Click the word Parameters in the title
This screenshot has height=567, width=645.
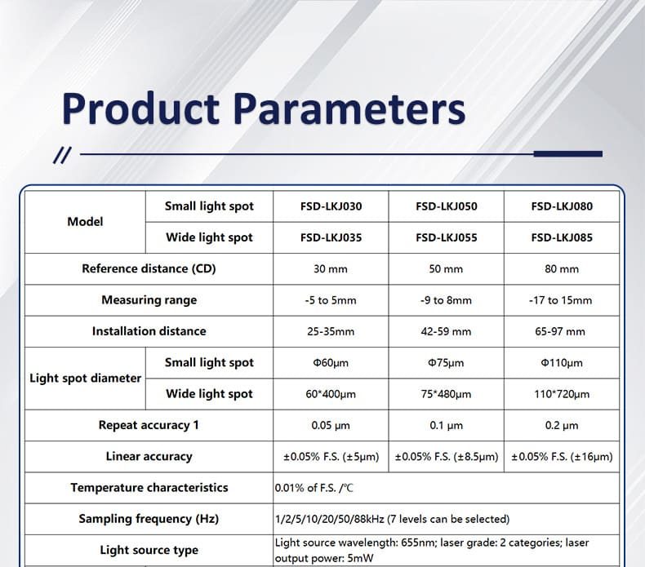click(349, 109)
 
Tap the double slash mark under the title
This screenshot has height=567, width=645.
click(62, 155)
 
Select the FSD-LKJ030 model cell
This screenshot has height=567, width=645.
click(331, 206)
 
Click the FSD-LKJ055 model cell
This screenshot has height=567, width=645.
click(447, 237)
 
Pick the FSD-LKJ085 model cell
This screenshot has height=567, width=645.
click(562, 237)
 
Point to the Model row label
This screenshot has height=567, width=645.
click(85, 222)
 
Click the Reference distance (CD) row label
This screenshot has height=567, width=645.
click(149, 268)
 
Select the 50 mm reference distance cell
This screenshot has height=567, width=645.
click(446, 269)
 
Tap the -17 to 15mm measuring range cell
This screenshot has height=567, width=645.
click(561, 300)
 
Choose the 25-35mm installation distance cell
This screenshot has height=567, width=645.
click(331, 331)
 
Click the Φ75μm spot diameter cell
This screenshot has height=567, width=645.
click(446, 363)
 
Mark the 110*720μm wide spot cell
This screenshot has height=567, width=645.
click(562, 394)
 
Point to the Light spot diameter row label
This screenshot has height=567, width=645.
click(85, 379)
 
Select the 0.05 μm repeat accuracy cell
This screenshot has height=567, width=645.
click(331, 425)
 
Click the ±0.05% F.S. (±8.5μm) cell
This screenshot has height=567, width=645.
click(447, 456)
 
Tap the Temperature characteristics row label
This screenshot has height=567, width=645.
click(149, 487)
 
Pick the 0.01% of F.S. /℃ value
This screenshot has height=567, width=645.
click(314, 488)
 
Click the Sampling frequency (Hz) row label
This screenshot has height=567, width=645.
click(149, 519)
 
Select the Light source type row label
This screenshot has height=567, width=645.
click(149, 550)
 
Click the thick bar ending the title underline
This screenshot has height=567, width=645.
click(568, 153)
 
